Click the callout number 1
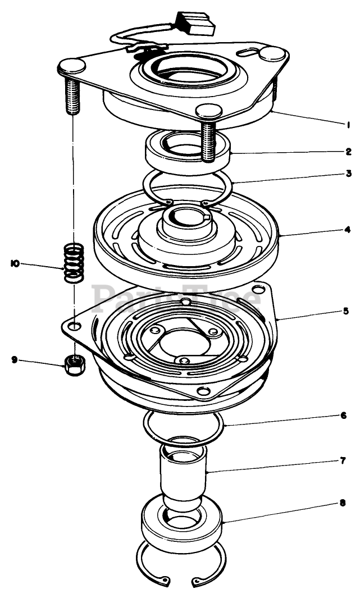[349, 123]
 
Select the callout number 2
[349, 151]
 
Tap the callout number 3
[349, 174]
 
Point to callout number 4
[349, 230]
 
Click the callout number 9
[15, 360]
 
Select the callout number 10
[15, 263]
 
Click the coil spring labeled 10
[74, 262]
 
